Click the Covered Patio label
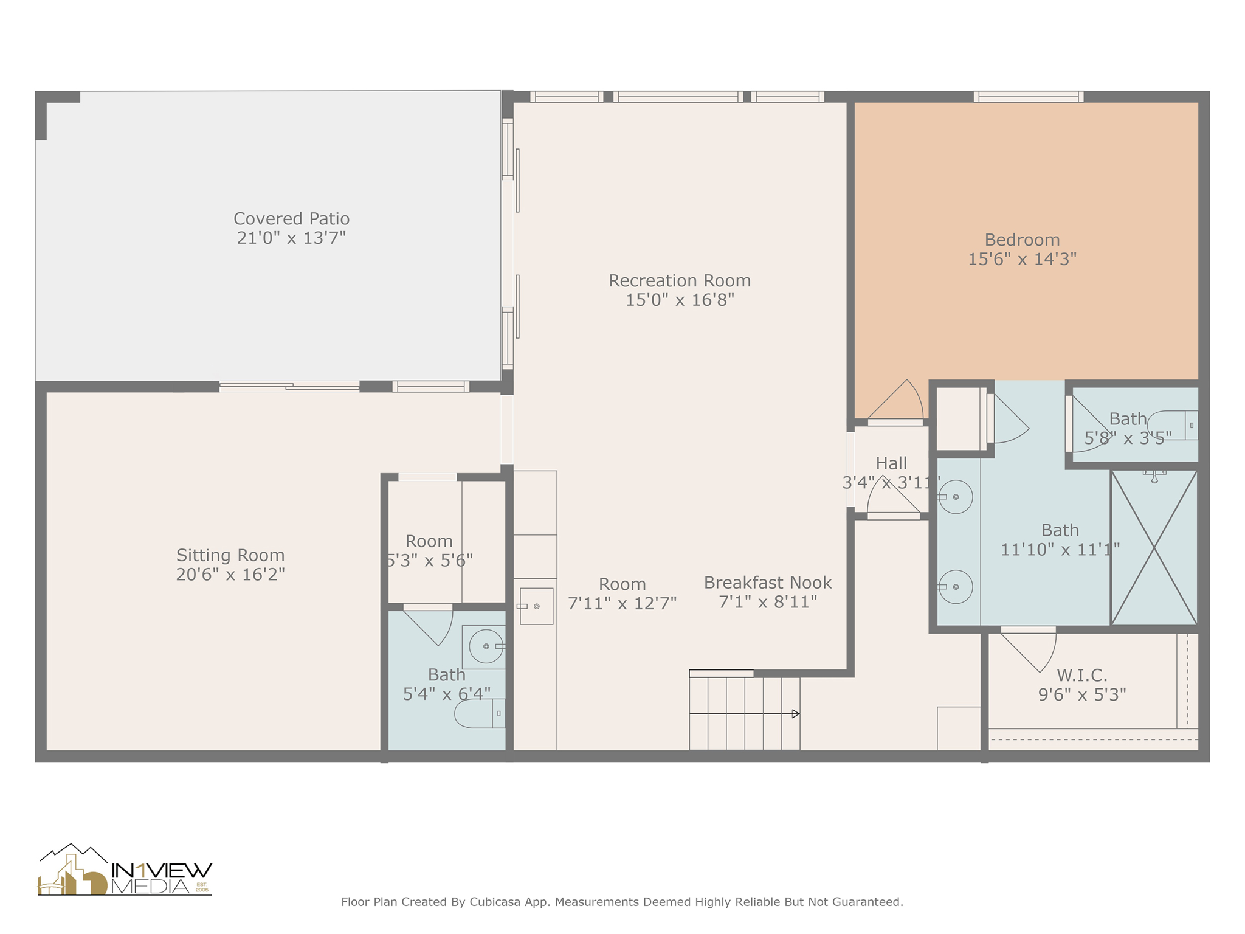coord(291,218)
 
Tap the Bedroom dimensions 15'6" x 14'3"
coord(1022,259)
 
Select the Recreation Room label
coord(680,280)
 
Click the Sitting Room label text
coord(230,555)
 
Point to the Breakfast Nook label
coord(767,583)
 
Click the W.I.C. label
coord(1081,675)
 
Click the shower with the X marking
coord(1154,548)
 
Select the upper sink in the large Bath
coord(955,497)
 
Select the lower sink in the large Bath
coord(955,587)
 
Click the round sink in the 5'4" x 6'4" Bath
coord(486,646)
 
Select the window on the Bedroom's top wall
coord(1028,97)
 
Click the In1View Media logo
coord(125,871)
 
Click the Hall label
coord(891,463)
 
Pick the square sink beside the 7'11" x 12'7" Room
coord(536,606)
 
